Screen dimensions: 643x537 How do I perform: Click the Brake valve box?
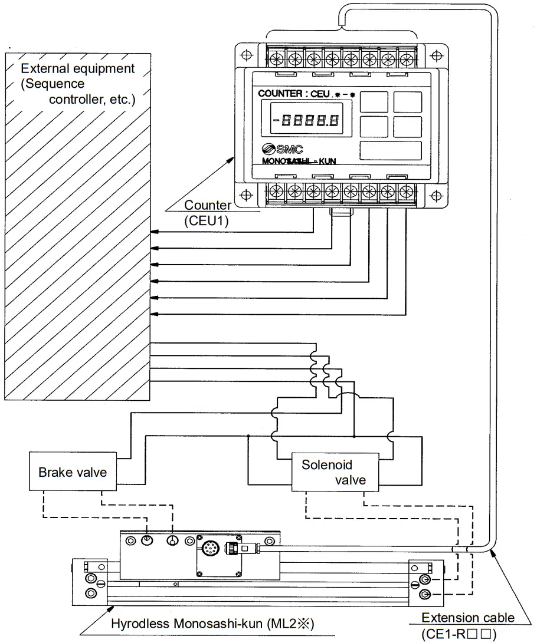(x=73, y=473)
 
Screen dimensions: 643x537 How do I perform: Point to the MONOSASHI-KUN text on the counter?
(x=297, y=161)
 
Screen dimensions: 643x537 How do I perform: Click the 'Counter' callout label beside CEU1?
(x=207, y=205)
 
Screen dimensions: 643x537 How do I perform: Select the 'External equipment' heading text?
(x=78, y=68)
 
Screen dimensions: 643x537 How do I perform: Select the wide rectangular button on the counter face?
(x=390, y=151)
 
